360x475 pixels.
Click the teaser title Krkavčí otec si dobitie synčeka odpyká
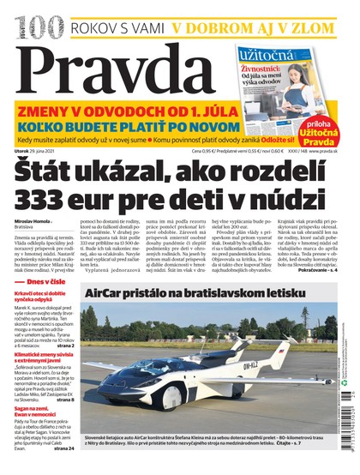pyautogui.click(x=44, y=327)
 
